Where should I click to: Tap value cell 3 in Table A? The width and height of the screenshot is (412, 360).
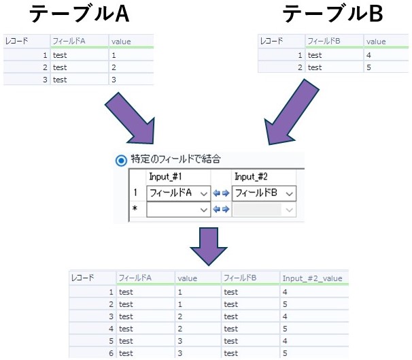click(x=114, y=80)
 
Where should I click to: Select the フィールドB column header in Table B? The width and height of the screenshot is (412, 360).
click(x=324, y=42)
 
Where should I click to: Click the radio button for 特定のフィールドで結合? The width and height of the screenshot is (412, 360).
click(x=122, y=161)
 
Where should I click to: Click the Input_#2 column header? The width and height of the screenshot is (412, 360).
click(x=252, y=177)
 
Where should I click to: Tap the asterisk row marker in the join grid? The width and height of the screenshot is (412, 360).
click(x=135, y=210)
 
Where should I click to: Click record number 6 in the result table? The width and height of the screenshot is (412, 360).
click(x=110, y=353)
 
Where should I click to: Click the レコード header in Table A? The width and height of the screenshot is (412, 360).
click(x=17, y=42)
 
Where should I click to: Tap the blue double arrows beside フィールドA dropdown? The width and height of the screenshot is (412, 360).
click(x=222, y=193)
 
